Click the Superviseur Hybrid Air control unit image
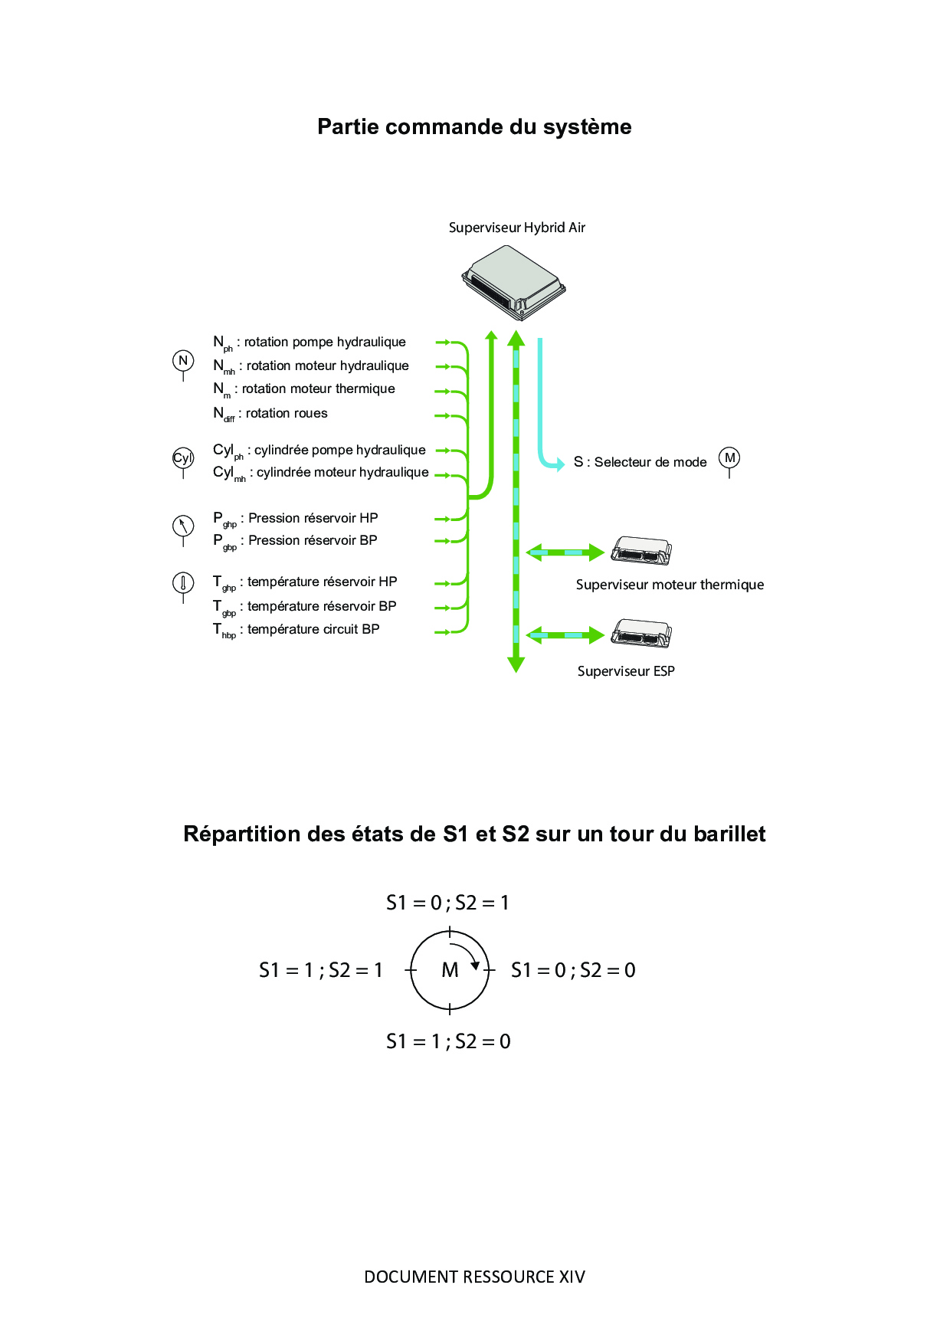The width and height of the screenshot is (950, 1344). [513, 280]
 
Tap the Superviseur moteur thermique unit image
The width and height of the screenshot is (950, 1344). [641, 551]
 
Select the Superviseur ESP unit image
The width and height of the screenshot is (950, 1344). [641, 633]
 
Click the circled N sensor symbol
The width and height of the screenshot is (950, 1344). [183, 361]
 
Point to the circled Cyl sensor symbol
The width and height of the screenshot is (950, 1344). [183, 458]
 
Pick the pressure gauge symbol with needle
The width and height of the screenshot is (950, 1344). [183, 526]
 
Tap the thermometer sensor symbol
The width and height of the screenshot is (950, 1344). [183, 583]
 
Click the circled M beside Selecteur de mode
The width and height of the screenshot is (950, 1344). [729, 458]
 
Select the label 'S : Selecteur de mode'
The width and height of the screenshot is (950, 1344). [640, 462]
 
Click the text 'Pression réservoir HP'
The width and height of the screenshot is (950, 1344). [313, 518]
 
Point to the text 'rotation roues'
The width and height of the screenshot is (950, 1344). [287, 413]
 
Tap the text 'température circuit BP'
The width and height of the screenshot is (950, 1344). [313, 629]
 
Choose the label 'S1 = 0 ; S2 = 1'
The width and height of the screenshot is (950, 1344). [448, 903]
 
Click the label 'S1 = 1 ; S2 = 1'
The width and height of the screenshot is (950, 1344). [321, 970]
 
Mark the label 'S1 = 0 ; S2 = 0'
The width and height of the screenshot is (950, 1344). [573, 970]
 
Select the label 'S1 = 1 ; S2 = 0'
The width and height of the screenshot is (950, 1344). [448, 1041]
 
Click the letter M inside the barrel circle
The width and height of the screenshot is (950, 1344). [450, 970]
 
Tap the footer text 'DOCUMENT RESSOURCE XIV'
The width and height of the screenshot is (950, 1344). [474, 1277]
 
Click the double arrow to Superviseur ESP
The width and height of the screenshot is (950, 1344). [565, 634]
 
